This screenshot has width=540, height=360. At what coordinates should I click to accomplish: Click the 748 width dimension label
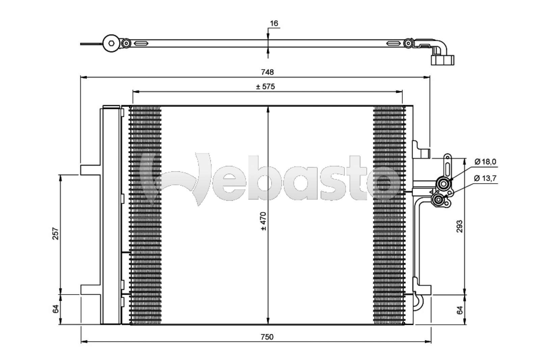click(x=267, y=72)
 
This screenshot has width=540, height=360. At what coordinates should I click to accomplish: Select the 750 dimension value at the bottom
click(x=267, y=337)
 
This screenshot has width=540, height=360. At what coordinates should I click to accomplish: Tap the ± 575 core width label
click(x=265, y=86)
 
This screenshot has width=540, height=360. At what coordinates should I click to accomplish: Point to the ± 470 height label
click(x=264, y=221)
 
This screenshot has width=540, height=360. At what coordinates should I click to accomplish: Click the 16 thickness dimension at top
click(x=274, y=23)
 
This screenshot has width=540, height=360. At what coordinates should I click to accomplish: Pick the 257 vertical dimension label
click(x=56, y=234)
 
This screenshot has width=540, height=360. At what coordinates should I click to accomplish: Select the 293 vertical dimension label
click(x=460, y=226)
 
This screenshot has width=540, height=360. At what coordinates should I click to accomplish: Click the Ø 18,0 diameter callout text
click(x=485, y=162)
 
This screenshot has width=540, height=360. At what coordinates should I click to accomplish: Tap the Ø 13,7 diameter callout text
click(x=485, y=178)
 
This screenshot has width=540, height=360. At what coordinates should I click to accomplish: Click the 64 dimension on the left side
click(x=56, y=309)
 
